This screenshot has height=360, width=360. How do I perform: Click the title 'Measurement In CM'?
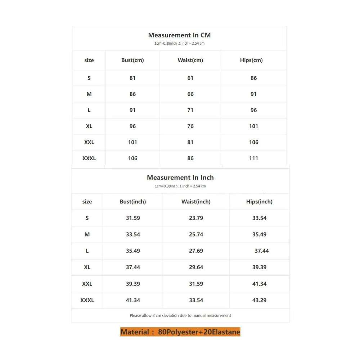pos(179,35)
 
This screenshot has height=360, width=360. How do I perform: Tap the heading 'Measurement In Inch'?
pos(180,177)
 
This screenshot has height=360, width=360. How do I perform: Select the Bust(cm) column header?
pos(132,60)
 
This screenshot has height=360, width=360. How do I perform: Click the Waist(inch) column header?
pos(196,202)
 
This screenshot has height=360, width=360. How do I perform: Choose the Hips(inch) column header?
pos(259,202)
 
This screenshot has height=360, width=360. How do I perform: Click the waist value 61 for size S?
pos(190,78)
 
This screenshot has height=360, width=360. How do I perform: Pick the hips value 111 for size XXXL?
pos(253,158)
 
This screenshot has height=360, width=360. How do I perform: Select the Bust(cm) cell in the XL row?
pos(132,126)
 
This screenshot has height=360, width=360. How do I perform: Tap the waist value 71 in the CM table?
pos(190,110)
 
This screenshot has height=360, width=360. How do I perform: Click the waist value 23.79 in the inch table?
pos(196,218)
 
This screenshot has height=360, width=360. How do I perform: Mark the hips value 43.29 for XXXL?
pos(259,300)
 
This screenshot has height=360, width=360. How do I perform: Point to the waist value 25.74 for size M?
pos(196,234)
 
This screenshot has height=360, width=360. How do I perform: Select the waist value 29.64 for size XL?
pos(196,267)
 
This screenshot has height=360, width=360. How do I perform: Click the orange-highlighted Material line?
pos(180,332)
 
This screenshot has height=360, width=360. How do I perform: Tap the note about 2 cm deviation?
pos(180,315)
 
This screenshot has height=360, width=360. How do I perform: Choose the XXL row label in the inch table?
pos(87,284)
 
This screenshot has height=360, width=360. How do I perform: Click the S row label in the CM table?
pos(89,78)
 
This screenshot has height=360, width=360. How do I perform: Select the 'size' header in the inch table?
pos(87,202)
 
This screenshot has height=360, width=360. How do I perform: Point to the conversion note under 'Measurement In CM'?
pos(179,44)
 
